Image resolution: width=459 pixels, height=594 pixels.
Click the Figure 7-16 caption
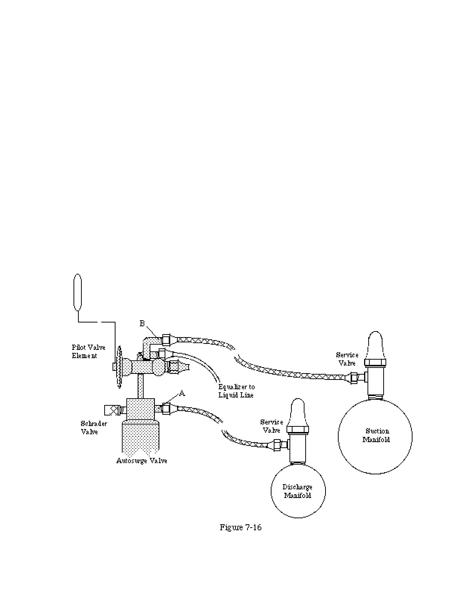click(240, 527)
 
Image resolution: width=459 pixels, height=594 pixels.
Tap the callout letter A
click(182, 393)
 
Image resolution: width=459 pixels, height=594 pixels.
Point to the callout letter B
click(142, 323)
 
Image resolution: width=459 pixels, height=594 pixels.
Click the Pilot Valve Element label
click(88, 351)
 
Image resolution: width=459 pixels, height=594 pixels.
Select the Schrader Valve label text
click(94, 427)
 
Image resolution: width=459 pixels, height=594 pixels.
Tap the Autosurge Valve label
click(142, 460)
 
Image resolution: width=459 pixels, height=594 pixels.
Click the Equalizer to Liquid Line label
click(236, 391)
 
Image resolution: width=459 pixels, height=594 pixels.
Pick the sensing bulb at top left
click(78, 292)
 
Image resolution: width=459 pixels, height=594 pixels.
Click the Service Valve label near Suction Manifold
click(347, 358)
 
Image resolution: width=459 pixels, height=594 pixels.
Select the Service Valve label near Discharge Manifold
click(271, 426)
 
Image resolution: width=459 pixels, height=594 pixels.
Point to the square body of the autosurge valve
click(141, 409)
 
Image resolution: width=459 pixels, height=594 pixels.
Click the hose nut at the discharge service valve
click(277, 444)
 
